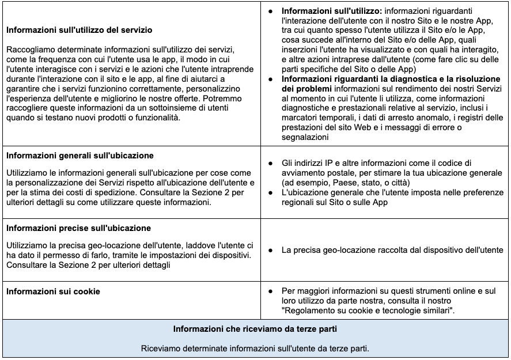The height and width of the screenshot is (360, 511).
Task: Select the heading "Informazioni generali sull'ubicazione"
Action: pos(80,156)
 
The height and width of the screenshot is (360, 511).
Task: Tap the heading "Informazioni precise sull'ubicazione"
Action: pos(78,228)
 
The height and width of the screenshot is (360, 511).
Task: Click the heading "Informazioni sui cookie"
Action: pos(53,291)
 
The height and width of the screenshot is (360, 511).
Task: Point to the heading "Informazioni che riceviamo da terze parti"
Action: pos(255,329)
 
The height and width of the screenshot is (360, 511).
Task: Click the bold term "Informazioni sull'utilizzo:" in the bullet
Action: pos(331,11)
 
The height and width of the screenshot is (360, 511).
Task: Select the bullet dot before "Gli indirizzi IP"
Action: pos(271,163)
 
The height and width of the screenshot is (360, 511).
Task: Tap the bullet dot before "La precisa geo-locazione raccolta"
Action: pos(271,251)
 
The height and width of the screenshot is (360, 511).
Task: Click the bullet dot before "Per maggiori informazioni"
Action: pos(271,291)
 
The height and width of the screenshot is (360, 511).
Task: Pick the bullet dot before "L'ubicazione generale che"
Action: pos(271,193)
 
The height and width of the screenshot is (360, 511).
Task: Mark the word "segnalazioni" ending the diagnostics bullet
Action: pos(305,138)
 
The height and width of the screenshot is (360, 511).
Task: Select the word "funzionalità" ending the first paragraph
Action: pos(155,118)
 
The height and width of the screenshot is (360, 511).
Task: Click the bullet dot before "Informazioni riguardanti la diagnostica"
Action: pos(271,79)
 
